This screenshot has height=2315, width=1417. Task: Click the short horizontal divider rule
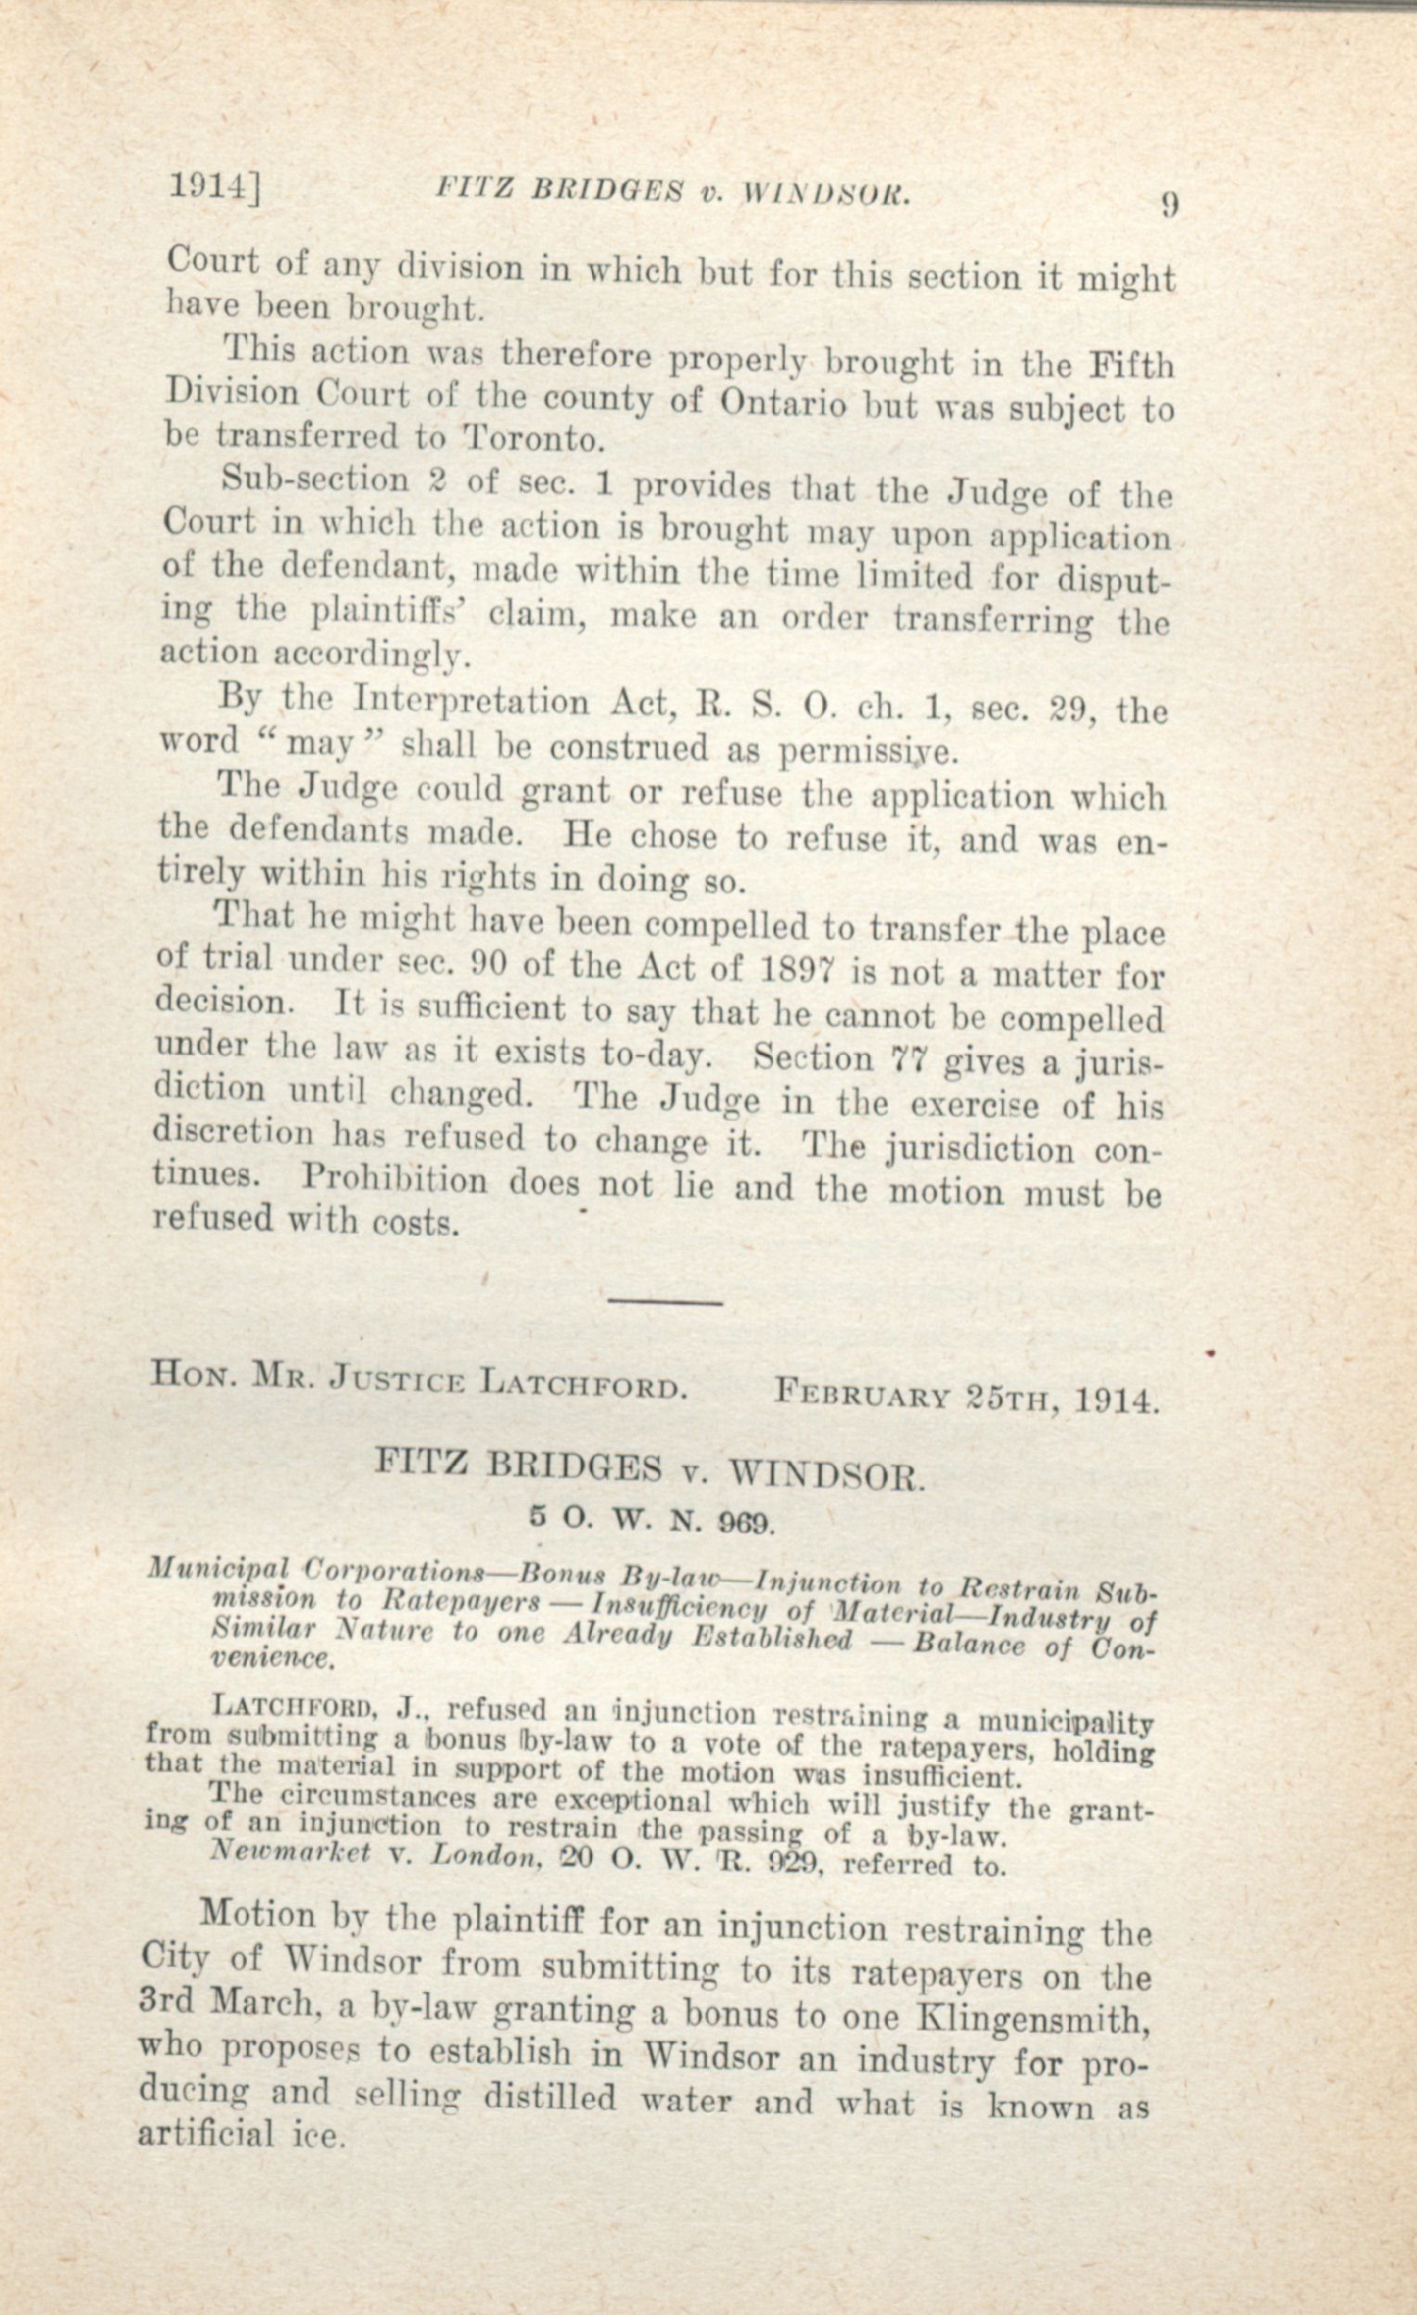tap(665, 1303)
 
